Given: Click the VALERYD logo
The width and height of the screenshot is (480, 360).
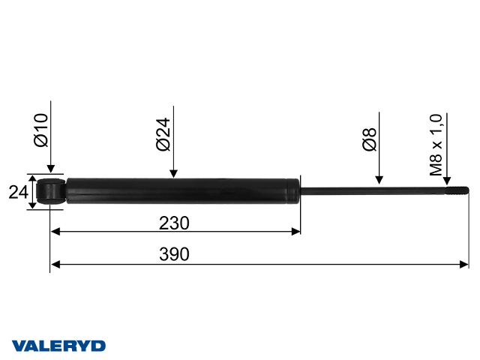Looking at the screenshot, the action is (x=58, y=346).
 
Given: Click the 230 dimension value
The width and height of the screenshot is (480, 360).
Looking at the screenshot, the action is (x=174, y=223).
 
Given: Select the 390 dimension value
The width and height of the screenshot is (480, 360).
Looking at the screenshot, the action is (x=174, y=254).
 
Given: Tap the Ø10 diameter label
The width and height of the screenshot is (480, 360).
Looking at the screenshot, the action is (x=41, y=130).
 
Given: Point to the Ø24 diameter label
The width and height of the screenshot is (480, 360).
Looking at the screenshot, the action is (x=163, y=134).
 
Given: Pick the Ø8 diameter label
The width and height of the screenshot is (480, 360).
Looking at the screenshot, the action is (x=369, y=139).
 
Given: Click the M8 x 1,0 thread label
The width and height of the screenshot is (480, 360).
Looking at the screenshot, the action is (x=436, y=145).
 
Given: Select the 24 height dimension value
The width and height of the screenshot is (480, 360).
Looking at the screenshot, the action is (x=18, y=192).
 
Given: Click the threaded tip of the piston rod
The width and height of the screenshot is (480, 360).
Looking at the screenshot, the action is (x=457, y=190).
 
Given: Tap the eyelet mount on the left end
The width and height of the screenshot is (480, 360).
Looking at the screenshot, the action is (x=51, y=192).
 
